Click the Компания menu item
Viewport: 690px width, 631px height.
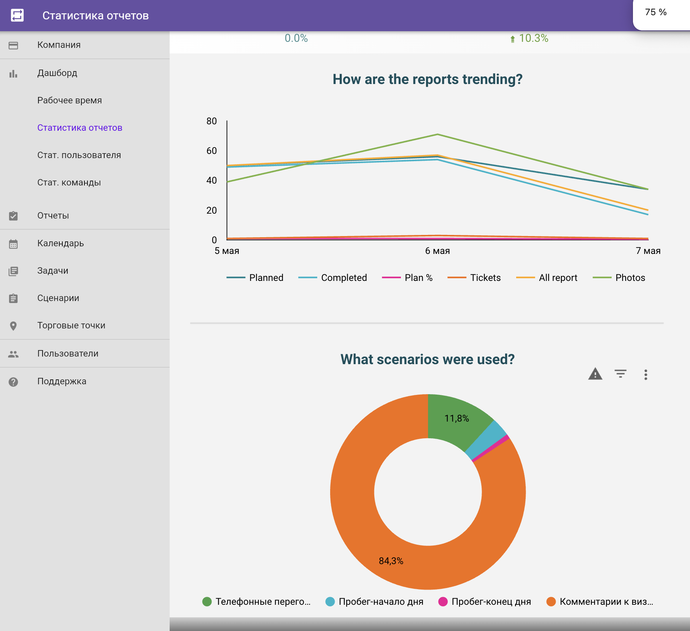59,45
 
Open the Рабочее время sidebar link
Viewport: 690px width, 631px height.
70,100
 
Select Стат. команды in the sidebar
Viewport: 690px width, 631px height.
69,182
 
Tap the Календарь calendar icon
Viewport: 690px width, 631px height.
13,244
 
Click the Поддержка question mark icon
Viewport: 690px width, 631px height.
13,382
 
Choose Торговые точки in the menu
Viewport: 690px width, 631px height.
71,325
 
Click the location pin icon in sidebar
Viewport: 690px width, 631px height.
13,326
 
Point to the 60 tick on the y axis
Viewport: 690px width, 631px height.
211,151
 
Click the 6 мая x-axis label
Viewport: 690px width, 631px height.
437,251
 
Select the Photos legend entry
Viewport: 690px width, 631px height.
619,278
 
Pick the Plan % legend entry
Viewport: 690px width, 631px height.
407,278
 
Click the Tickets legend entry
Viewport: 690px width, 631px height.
474,278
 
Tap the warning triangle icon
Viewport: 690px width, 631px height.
595,374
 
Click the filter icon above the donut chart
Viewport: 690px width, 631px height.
620,374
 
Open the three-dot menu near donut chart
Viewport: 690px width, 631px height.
645,375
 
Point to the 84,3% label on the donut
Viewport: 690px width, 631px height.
391,561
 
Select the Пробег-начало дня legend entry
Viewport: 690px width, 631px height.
374,602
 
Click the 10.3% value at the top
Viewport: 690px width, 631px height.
534,38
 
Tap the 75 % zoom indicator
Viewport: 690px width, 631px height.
656,12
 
